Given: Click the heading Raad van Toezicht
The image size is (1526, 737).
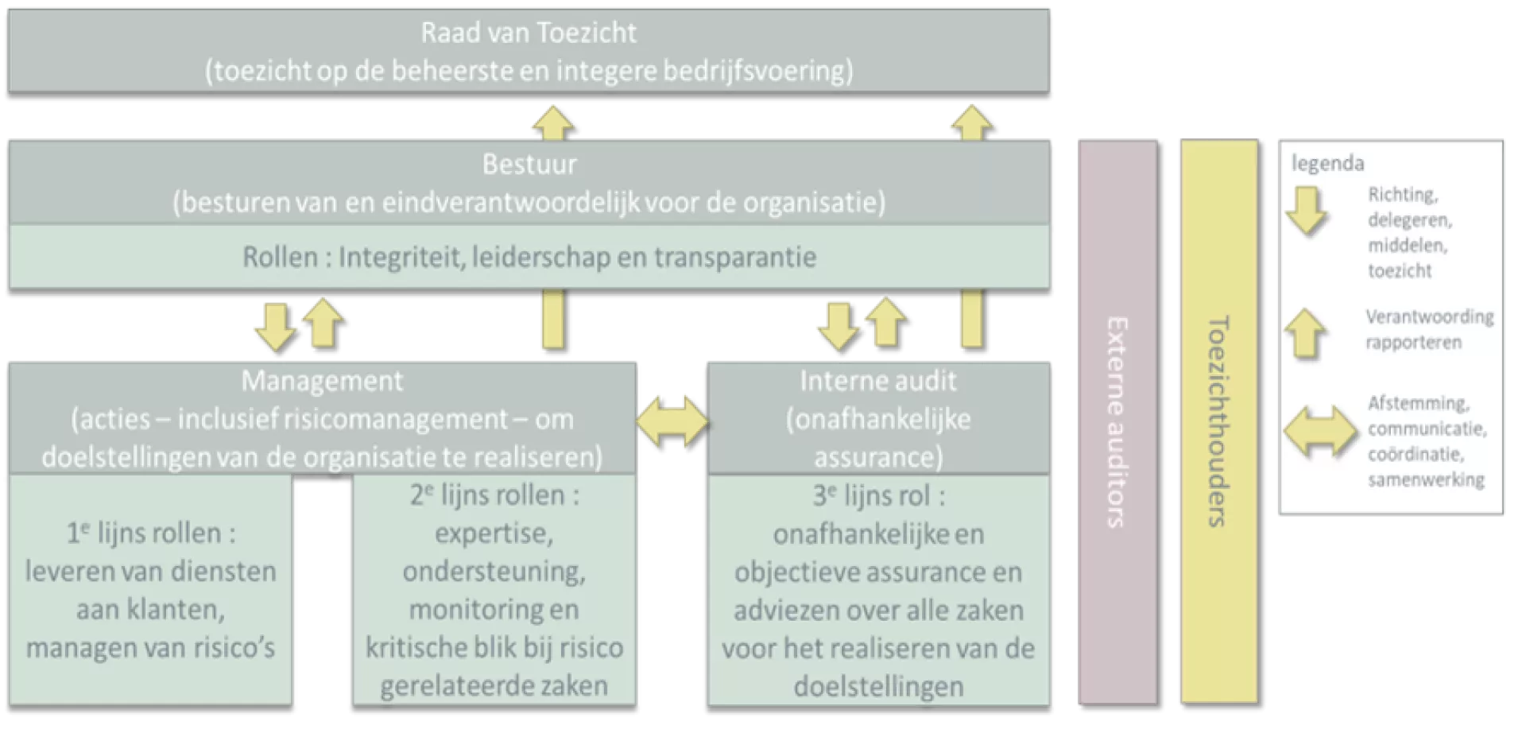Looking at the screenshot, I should pos(529,33).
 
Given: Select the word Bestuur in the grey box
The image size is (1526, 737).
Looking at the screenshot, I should pos(529,165).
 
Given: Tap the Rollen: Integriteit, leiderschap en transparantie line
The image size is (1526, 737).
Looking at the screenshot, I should pos(529,258).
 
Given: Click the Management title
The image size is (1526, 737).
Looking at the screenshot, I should pos(322,381).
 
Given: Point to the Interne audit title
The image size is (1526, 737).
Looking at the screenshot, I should pos(878,381).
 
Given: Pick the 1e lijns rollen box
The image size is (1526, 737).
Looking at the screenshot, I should pos(150,590).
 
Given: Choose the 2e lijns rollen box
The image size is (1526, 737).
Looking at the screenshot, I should pos(494,590).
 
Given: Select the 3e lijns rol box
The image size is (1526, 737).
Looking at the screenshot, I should pos(878,590).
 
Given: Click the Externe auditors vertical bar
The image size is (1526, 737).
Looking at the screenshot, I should pos(1116,421).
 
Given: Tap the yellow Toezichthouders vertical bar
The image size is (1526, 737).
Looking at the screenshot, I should pos(1218,421).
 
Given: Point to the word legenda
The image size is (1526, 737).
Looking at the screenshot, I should pos(1327,164).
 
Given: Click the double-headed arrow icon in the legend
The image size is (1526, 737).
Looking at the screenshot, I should pos(1320,432).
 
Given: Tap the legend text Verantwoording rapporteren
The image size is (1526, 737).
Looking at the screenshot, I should pos(1429,329).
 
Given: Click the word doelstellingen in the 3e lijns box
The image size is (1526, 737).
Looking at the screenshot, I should pos(878,686).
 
